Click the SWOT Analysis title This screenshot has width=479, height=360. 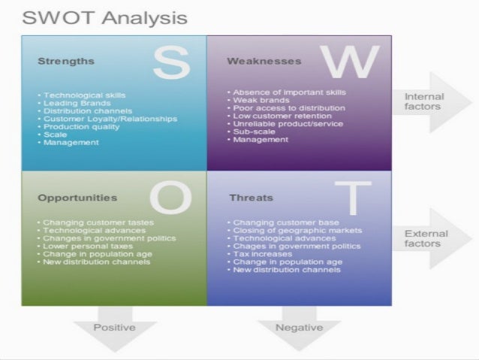point(104,17)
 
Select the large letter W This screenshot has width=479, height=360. point(350,61)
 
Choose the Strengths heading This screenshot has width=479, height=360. point(66,61)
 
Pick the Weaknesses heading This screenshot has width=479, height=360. point(264,61)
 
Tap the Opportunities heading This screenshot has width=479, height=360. point(77,198)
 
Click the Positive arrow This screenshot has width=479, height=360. point(114,329)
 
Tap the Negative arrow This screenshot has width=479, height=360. point(299,329)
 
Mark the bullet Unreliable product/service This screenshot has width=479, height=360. point(288,123)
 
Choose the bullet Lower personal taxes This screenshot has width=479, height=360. point(88,246)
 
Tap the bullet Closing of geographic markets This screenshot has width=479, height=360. point(297,231)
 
